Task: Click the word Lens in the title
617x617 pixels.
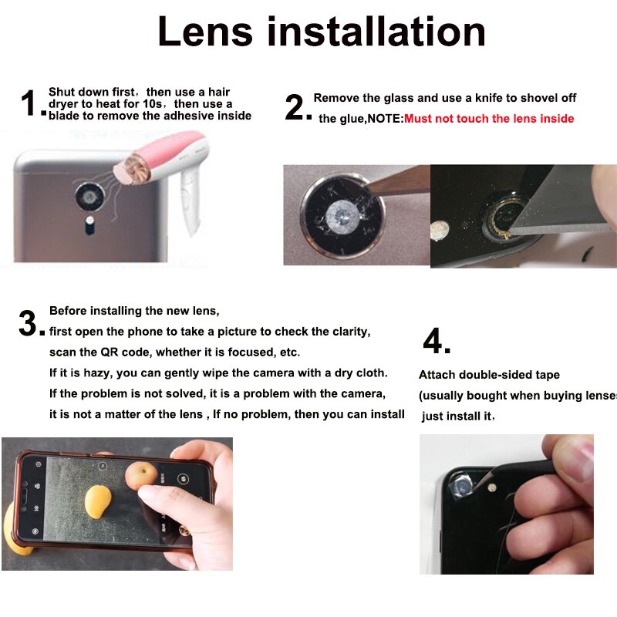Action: (x=205, y=32)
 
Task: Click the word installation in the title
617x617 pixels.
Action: (x=376, y=32)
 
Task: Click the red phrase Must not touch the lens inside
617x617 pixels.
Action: (x=489, y=119)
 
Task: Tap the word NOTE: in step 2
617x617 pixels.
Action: (x=385, y=119)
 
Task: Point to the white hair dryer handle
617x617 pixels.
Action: (x=191, y=200)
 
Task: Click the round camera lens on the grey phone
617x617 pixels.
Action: (x=90, y=197)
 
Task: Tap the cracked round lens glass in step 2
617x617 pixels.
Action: (x=342, y=215)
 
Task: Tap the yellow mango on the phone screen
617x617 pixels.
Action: (x=98, y=501)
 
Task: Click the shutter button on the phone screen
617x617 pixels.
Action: (x=183, y=479)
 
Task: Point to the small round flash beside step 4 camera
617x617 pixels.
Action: (x=492, y=488)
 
